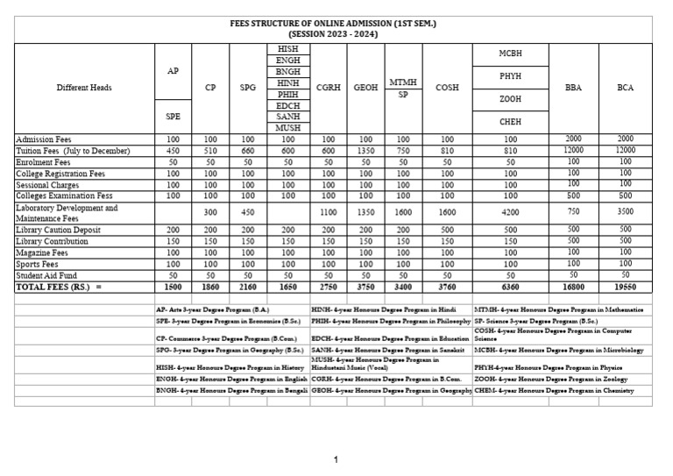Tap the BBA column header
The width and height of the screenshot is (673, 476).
[573, 88]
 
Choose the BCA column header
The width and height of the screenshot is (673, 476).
[625, 88]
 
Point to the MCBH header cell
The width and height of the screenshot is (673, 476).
[510, 53]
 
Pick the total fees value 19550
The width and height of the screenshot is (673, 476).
[625, 286]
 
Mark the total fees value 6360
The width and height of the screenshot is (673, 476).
[510, 286]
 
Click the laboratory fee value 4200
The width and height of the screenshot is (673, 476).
[510, 211]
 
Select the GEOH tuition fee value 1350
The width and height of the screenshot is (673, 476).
[365, 151]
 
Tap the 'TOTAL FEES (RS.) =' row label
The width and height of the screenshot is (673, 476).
[60, 286]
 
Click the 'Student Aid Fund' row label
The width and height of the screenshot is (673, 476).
[50, 274]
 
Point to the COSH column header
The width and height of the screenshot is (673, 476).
[447, 88]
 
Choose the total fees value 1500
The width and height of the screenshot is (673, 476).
[173, 286]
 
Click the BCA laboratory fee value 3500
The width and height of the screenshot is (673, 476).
[625, 211]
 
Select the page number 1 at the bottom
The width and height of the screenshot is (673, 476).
[336, 459]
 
